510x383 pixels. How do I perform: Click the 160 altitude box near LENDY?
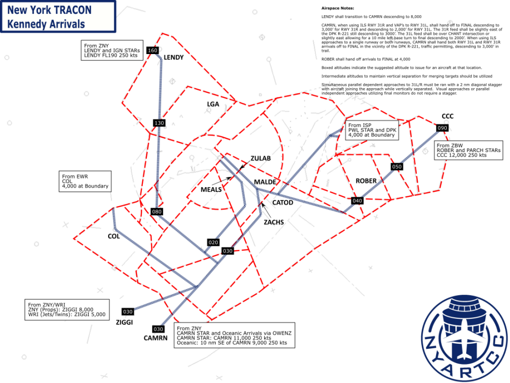(152, 50)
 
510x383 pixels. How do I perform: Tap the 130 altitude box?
(159, 123)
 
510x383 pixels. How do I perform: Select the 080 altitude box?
(157, 211)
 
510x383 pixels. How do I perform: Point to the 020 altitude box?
(213, 242)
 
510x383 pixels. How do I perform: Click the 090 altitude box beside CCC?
(442, 128)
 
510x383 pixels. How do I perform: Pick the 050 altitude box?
(397, 167)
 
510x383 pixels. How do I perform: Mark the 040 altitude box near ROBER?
(357, 201)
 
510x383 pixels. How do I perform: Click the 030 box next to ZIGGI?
(127, 312)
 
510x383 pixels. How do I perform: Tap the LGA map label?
(213, 104)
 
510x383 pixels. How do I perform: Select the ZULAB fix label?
(260, 159)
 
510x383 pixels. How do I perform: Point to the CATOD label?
(283, 202)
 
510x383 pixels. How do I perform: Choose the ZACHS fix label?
(273, 222)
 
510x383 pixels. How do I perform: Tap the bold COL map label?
(113, 236)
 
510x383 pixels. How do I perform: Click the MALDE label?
(265, 182)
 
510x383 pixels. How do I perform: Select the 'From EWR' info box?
(85, 181)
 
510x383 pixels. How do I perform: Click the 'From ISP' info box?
(372, 130)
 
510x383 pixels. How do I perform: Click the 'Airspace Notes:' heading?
(337, 9)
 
